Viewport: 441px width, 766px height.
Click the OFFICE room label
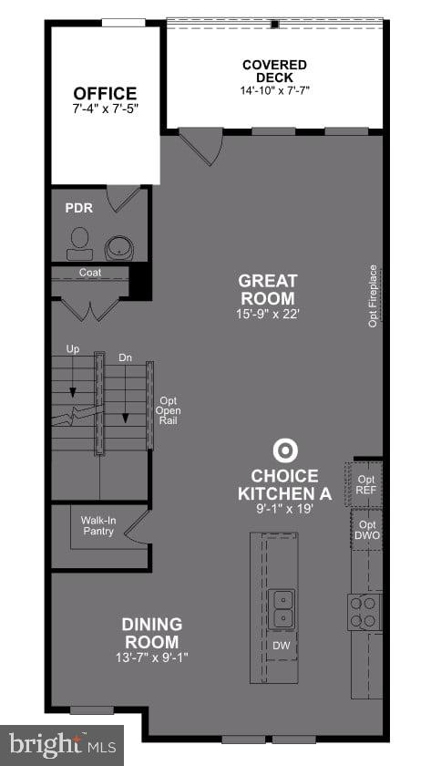tap(105, 94)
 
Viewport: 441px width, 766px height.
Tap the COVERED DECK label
tap(274, 71)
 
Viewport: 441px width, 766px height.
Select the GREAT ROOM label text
tap(267, 289)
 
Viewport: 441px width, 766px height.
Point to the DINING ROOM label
tap(152, 633)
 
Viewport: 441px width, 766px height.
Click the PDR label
tap(78, 208)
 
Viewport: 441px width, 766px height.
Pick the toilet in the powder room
tap(79, 240)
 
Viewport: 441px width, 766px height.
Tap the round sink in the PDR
tap(118, 247)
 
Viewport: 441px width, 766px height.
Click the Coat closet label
tap(89, 273)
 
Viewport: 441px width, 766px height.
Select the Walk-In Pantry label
tap(97, 526)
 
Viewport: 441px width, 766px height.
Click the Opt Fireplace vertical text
tap(373, 296)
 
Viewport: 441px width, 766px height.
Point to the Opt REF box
tap(366, 485)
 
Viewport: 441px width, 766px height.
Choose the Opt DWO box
tap(367, 530)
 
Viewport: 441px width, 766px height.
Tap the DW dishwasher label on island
tap(282, 646)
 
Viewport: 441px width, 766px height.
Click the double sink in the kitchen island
tap(282, 608)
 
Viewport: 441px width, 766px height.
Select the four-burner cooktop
tap(364, 612)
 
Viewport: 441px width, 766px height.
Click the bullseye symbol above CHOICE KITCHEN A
tap(285, 450)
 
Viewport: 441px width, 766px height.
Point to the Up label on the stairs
tap(73, 349)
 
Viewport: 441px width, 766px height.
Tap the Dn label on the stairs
tap(125, 358)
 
